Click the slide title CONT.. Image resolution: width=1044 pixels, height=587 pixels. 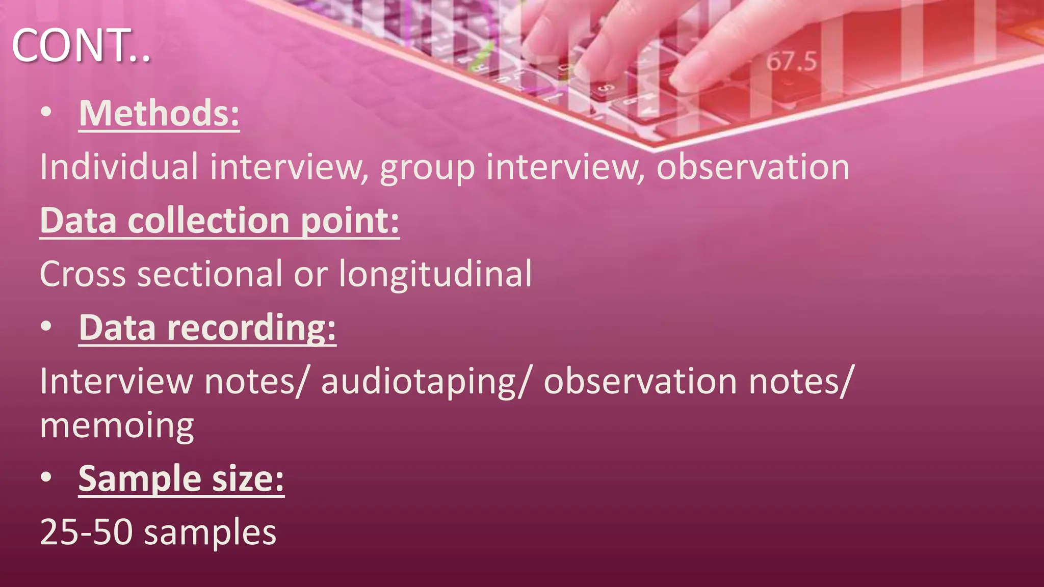click(x=81, y=46)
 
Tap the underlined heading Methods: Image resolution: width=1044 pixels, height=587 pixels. click(x=159, y=113)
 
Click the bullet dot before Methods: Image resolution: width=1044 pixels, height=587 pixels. click(x=46, y=113)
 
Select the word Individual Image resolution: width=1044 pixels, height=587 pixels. click(x=119, y=167)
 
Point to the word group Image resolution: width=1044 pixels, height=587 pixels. click(x=427, y=168)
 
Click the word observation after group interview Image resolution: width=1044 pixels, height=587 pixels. click(x=752, y=167)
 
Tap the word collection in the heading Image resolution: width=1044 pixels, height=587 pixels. click(x=208, y=221)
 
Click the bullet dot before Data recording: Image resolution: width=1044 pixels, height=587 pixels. click(x=46, y=327)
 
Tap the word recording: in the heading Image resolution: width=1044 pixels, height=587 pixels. click(x=251, y=328)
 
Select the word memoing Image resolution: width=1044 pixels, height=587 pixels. click(x=117, y=426)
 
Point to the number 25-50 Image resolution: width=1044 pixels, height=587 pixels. click(x=86, y=532)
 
